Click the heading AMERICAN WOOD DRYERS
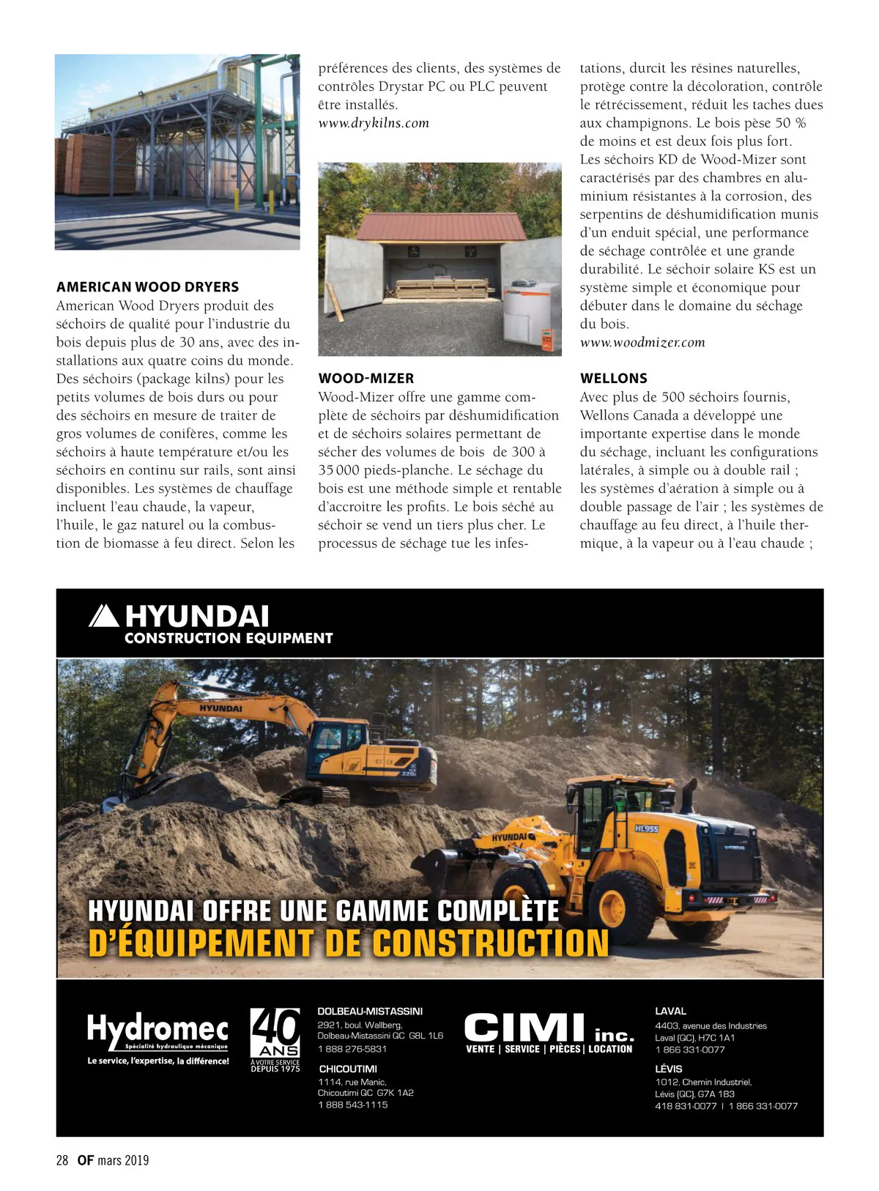147,287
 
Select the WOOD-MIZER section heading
366,379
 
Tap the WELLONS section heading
613,379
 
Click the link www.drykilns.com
373,123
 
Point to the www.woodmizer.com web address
642,342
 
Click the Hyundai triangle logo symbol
103,616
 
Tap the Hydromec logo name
157,1029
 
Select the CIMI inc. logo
549,1030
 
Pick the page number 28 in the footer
62,1160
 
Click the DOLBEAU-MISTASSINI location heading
369,1012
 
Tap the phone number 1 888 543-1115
352,1105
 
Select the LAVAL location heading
670,1012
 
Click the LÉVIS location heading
668,1069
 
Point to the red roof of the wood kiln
439,226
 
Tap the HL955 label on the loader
646,828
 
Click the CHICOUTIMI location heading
348,1069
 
